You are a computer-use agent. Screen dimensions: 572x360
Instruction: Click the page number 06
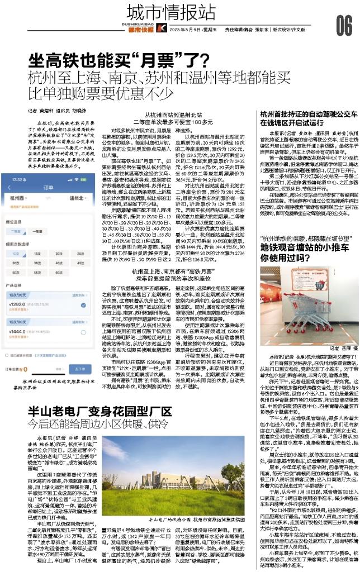click(344, 24)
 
